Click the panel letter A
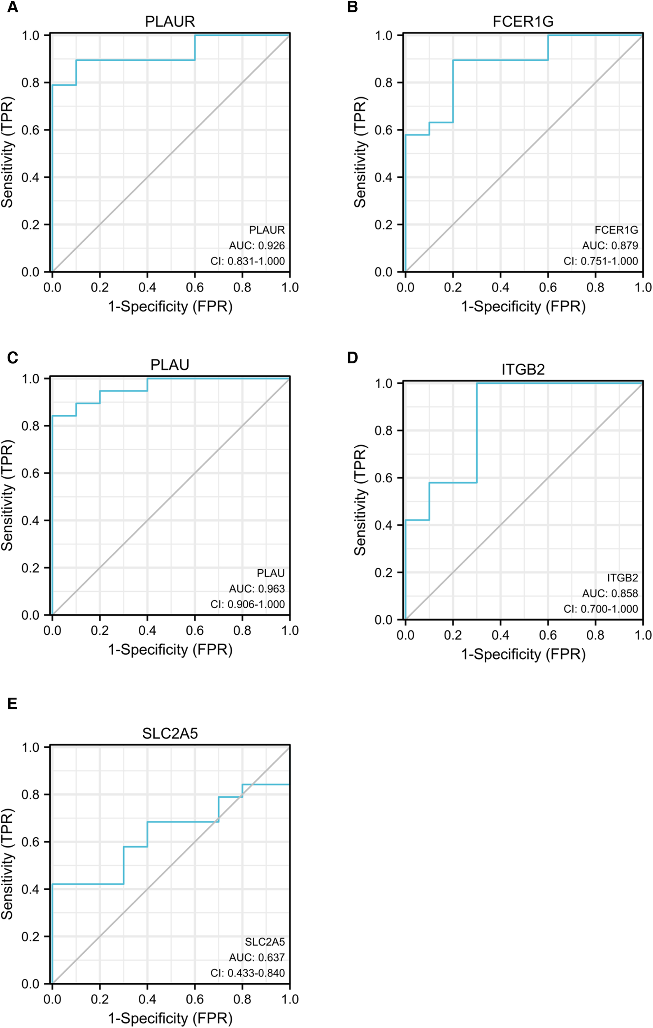pyautogui.click(x=12, y=7)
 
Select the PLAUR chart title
pyautogui.click(x=170, y=21)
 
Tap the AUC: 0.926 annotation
pyautogui.click(x=257, y=245)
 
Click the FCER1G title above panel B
pyautogui.click(x=523, y=21)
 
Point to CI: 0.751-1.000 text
pyautogui.click(x=600, y=261)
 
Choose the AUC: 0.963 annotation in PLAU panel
pyautogui.click(x=257, y=589)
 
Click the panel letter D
pyautogui.click(x=352, y=357)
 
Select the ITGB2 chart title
pyautogui.click(x=523, y=369)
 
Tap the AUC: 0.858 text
pyautogui.click(x=610, y=593)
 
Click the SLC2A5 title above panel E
pyautogui.click(x=170, y=734)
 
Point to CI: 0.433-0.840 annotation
pyautogui.click(x=247, y=973)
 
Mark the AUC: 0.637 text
pyautogui.click(x=257, y=958)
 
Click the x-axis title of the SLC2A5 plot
pyautogui.click(x=170, y=1018)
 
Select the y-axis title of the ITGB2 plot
pyautogui.click(x=360, y=500)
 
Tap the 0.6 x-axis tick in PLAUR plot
pyautogui.click(x=194, y=287)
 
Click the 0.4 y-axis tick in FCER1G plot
pyautogui.click(x=383, y=177)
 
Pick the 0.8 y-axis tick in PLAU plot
pyautogui.click(x=30, y=426)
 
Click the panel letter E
pyautogui.click(x=12, y=704)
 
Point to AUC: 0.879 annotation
pyautogui.click(x=610, y=245)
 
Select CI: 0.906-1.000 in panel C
pyautogui.click(x=247, y=604)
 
